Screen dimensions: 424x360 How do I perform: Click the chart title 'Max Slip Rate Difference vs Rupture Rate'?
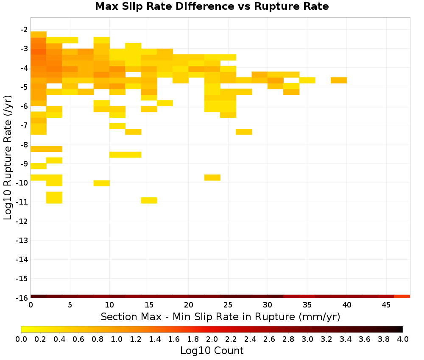coord(212,6)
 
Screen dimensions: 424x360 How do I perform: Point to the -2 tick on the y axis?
coord(24,30)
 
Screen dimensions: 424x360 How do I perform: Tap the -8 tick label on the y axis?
coord(24,144)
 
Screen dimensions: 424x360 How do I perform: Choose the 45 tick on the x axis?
coord(386,305)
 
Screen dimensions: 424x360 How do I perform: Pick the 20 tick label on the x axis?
coord(189,305)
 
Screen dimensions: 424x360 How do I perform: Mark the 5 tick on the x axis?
coord(70,305)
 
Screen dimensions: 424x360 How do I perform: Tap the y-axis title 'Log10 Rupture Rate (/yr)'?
coord(8,158)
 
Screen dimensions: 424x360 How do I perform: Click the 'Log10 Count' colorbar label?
coord(212,351)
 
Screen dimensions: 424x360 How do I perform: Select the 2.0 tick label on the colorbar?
coord(212,339)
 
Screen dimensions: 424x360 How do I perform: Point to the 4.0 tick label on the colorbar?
coord(403,339)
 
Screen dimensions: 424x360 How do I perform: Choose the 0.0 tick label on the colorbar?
coord(21,339)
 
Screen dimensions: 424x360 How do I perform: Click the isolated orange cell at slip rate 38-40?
coord(339,80)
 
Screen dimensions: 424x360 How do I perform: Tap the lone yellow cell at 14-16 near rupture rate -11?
coord(149,200)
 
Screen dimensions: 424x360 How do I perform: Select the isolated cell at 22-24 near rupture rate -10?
coord(212,177)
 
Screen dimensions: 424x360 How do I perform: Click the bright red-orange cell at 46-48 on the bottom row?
coord(402,296)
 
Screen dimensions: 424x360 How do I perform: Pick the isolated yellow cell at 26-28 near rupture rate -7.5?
coord(244,132)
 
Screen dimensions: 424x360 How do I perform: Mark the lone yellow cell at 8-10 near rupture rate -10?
coord(102,183)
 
